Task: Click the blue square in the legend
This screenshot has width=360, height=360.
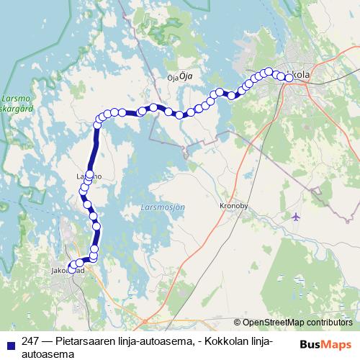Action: coord(8,343)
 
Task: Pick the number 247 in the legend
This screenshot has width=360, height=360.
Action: coord(31,342)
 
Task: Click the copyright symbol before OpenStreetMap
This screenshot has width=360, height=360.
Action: coord(238,323)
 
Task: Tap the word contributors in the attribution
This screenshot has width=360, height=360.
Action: coord(329,323)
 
